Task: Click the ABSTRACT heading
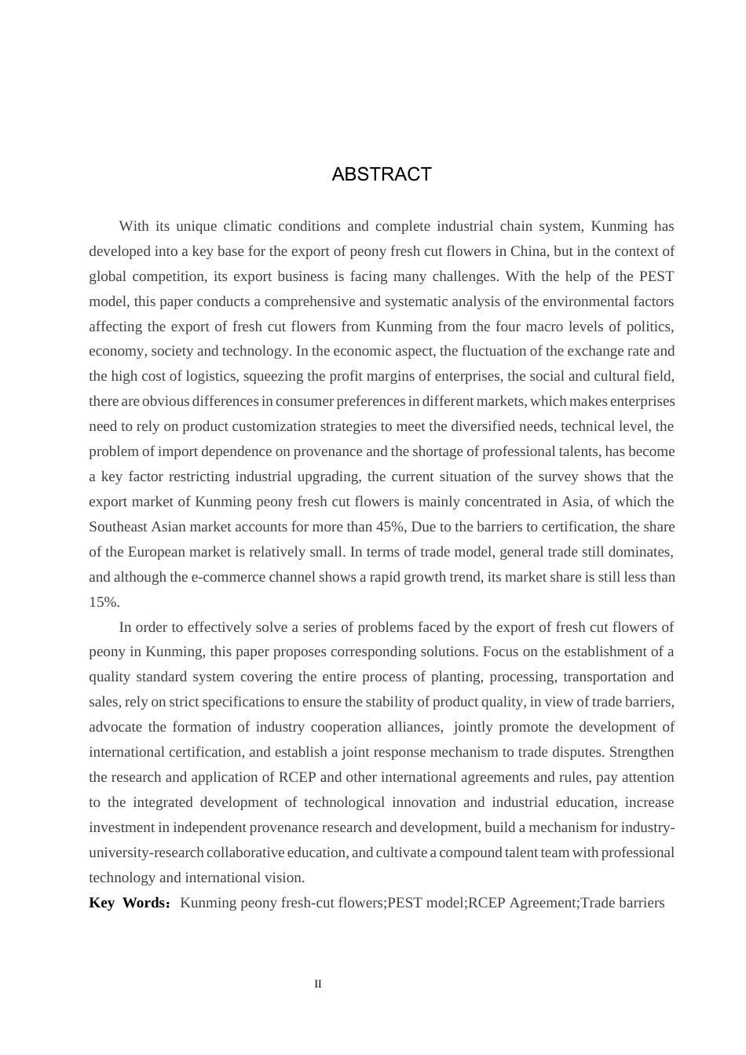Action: [382, 174]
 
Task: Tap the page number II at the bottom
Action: [318, 984]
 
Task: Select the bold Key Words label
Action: [128, 903]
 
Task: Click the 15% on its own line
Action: [104, 602]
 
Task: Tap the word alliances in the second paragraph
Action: [413, 727]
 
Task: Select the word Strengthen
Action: [642, 752]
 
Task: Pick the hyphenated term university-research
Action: [146, 852]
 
